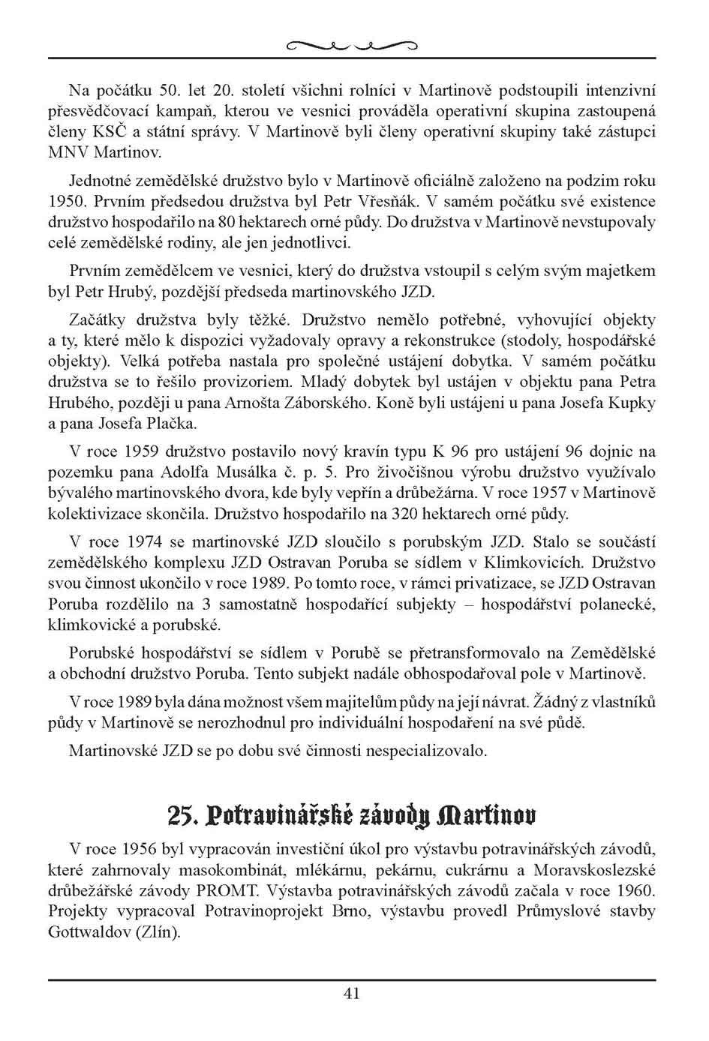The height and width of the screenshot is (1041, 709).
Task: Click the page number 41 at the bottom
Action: [352, 993]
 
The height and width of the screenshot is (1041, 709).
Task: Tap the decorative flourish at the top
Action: [352, 46]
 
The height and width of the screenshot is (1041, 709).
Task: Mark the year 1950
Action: [65, 202]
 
